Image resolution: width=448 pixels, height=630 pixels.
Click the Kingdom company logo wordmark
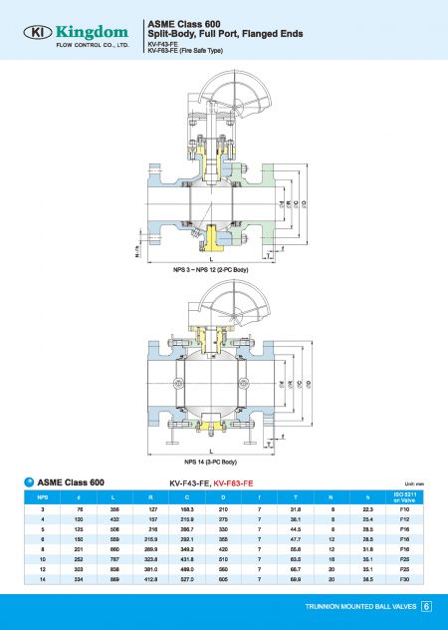[86, 33]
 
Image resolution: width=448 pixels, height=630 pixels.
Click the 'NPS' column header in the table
[43, 496]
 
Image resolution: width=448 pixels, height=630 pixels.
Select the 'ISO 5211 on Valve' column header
[405, 496]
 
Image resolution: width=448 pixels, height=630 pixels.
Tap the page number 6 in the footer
[426, 606]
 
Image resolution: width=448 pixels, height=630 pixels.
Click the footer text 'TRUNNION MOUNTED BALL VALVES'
[360, 606]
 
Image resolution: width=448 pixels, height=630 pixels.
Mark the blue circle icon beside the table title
[28, 481]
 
